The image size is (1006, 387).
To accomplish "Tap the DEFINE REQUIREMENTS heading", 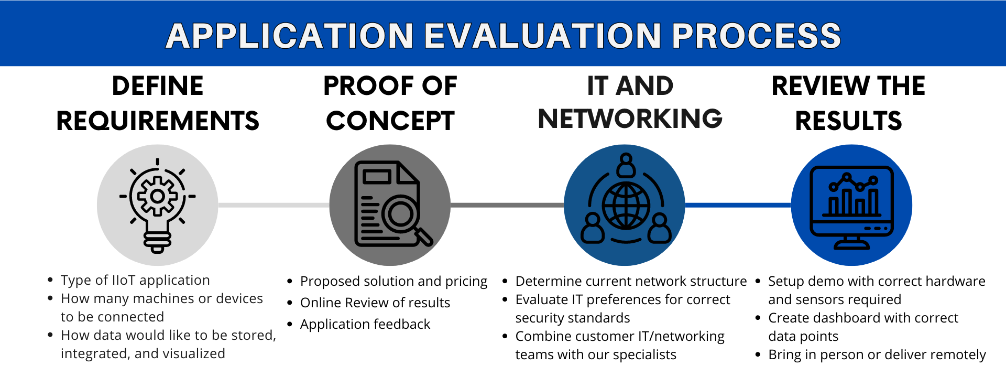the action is tap(158, 103).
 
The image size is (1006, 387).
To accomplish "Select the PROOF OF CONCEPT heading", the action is tap(390, 103).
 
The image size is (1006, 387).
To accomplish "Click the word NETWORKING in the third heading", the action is tap(630, 119).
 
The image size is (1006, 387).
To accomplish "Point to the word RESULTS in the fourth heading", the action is tap(848, 121).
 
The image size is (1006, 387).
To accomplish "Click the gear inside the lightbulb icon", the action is tap(157, 196).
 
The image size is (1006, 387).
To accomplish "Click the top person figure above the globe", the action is tap(626, 165).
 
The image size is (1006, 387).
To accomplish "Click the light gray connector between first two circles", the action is tap(274, 205).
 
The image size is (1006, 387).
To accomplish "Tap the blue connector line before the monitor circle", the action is tap(738, 205).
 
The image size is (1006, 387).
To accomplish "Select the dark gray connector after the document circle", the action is tap(507, 205).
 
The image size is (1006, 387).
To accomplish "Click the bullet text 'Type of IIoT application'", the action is tap(135, 280).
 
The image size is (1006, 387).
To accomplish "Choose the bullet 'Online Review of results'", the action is tap(375, 303).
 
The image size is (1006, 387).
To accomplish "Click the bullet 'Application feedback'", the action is tap(365, 324).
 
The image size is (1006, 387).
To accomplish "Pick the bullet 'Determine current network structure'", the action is tap(631, 281).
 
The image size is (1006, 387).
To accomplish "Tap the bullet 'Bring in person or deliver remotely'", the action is tap(877, 355).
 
